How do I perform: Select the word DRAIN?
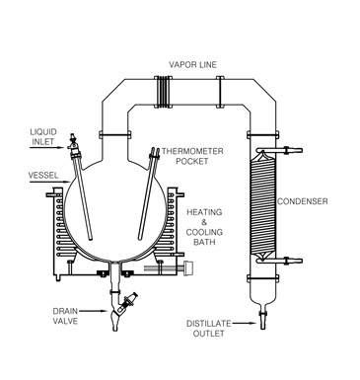(x=65, y=312)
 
